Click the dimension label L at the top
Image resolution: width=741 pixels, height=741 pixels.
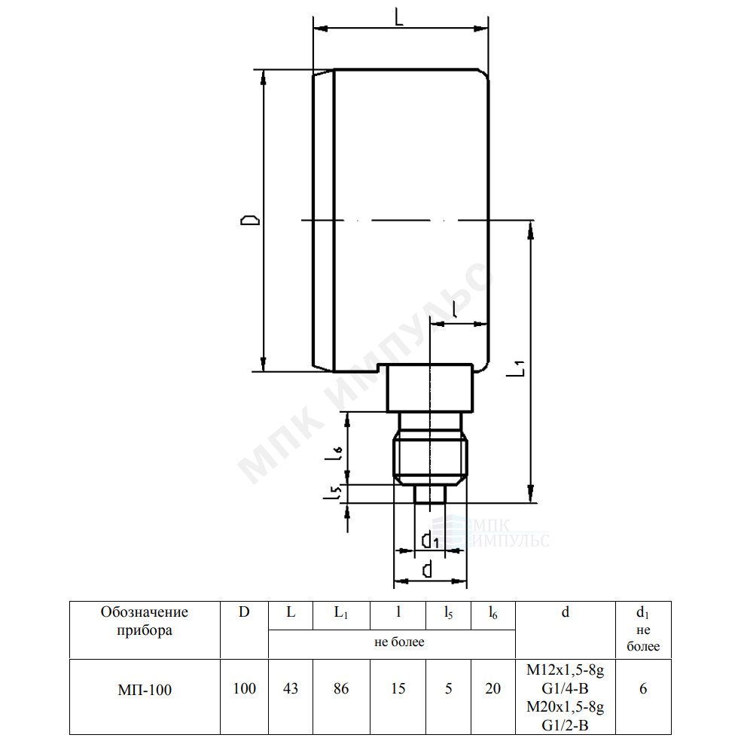(399, 18)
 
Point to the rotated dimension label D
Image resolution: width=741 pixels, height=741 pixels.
(250, 220)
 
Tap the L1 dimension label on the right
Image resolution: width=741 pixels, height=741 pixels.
(516, 368)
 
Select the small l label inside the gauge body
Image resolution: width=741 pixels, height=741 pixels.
(455, 309)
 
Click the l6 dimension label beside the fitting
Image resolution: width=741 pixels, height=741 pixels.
(333, 454)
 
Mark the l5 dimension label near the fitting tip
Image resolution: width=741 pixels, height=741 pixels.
(333, 492)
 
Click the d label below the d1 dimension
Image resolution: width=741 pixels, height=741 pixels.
(427, 570)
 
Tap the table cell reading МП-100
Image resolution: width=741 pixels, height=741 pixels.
(145, 690)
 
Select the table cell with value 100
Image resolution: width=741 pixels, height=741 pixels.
(244, 688)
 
